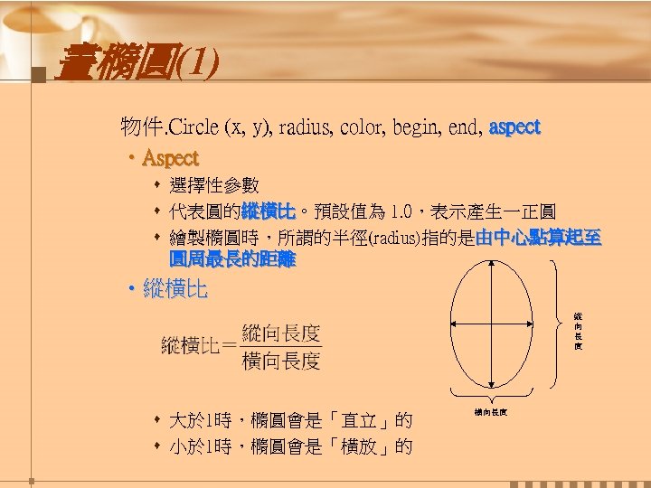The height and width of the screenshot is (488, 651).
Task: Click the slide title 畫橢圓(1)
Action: coord(136,66)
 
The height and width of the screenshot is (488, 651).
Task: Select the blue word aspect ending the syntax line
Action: coord(514,127)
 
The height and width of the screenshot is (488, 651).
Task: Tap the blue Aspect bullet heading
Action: coord(171,158)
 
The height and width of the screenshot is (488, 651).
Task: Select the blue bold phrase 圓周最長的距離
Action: coord(231,260)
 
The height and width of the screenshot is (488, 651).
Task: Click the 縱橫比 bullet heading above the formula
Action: coord(175,290)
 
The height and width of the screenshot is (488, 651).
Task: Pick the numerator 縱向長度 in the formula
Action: coord(280,332)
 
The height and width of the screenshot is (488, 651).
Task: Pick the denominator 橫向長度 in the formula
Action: coord(280,361)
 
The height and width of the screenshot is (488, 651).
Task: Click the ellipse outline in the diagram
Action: coord(452,325)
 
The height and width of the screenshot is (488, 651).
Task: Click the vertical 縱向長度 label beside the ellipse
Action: coord(577,331)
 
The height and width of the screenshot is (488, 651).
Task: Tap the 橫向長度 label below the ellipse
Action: coord(490,412)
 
